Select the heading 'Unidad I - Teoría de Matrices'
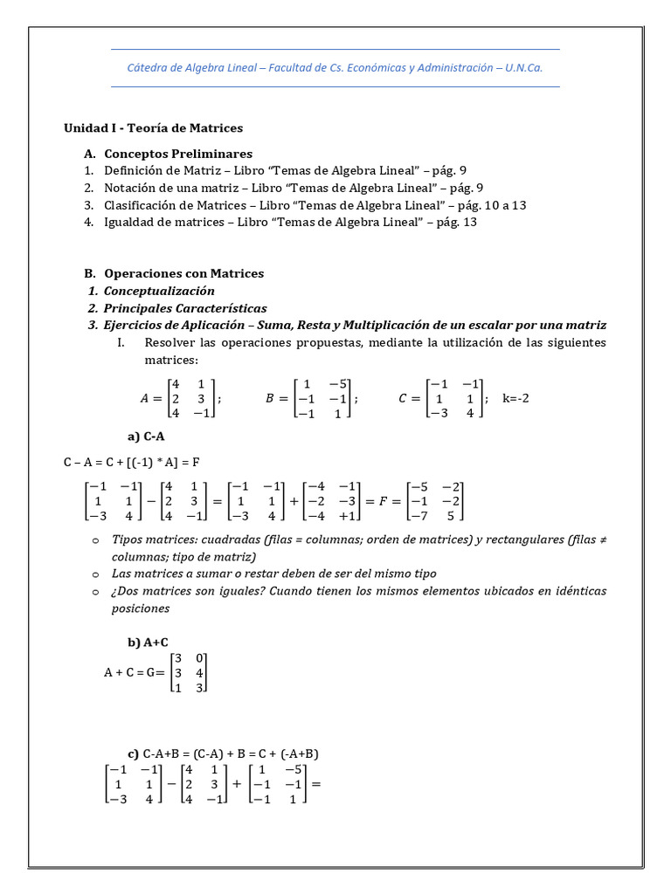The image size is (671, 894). pyautogui.click(x=153, y=128)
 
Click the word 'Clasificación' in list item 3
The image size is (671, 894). pyautogui.click(x=140, y=205)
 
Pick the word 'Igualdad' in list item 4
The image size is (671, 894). pyautogui.click(x=129, y=222)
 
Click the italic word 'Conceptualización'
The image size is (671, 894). pyautogui.click(x=159, y=291)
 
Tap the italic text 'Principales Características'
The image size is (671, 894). pyautogui.click(x=185, y=308)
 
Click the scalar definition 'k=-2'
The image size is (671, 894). pyautogui.click(x=516, y=398)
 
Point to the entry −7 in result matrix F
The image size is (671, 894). pyautogui.click(x=420, y=517)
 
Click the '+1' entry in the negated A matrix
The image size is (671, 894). pyautogui.click(x=347, y=517)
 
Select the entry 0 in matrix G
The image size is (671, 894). pyautogui.click(x=200, y=657)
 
